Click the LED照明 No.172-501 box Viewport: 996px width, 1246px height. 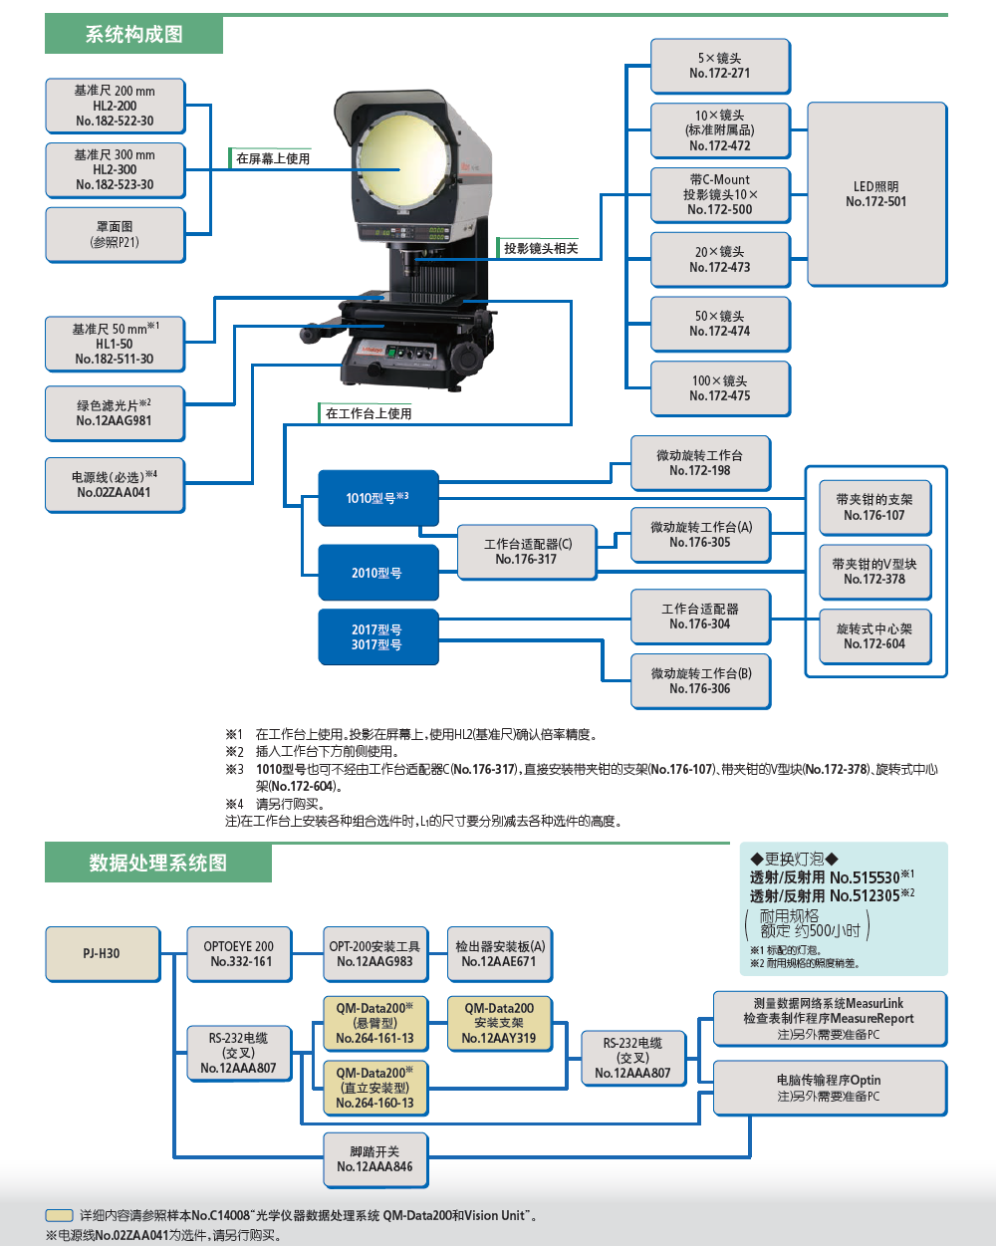pos(876,194)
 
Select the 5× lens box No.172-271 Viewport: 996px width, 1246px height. pos(719,66)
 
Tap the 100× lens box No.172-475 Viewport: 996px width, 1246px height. pos(719,388)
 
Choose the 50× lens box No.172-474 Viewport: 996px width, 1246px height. pos(719,324)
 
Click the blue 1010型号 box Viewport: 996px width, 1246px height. pos(377,497)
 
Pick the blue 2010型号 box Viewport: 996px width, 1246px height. pos(377,573)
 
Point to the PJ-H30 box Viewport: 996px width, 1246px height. pos(102,953)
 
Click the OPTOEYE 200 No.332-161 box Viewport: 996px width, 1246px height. pos(240,953)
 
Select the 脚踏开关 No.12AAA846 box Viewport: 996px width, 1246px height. pos(374,1159)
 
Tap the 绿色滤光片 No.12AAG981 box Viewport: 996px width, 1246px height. pos(115,413)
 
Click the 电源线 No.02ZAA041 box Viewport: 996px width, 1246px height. pos(115,485)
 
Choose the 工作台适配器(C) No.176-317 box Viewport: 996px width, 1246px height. pos(527,552)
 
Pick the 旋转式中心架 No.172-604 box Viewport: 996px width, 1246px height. pos(874,636)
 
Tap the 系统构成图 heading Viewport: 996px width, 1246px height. pos(134,35)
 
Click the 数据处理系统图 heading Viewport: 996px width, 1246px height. pos(158,863)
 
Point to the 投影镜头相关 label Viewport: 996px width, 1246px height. pos(541,248)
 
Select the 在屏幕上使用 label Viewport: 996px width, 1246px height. pos(273,158)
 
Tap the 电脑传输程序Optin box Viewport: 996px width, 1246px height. pos(829,1088)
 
